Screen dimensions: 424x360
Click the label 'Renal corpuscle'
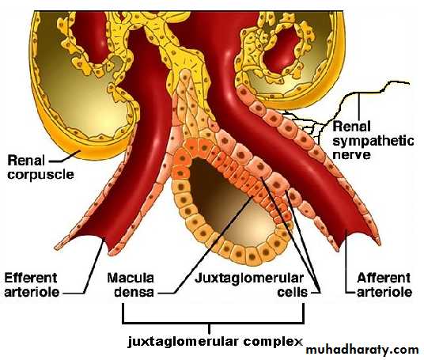pyautogui.click(x=40, y=167)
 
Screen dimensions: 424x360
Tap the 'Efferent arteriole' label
pyautogui.click(x=32, y=285)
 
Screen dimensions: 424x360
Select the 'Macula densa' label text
pyautogui.click(x=131, y=285)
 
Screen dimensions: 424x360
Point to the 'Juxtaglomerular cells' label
pyautogui.click(x=252, y=285)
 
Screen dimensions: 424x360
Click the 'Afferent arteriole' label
pyautogui.click(x=384, y=285)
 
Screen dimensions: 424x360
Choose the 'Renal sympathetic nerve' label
pyautogui.click(x=373, y=141)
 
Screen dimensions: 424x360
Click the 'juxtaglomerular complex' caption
pyautogui.click(x=215, y=341)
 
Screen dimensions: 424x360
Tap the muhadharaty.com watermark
pyautogui.click(x=362, y=350)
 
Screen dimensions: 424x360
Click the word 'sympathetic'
pyautogui.click(x=373, y=141)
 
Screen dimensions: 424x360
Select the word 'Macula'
pyautogui.click(x=131, y=278)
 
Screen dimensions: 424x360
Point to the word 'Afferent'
pyautogui.click(x=384, y=278)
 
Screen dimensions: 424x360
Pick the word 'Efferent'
pyautogui.click(x=31, y=278)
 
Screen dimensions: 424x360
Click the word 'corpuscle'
pyautogui.click(x=40, y=175)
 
